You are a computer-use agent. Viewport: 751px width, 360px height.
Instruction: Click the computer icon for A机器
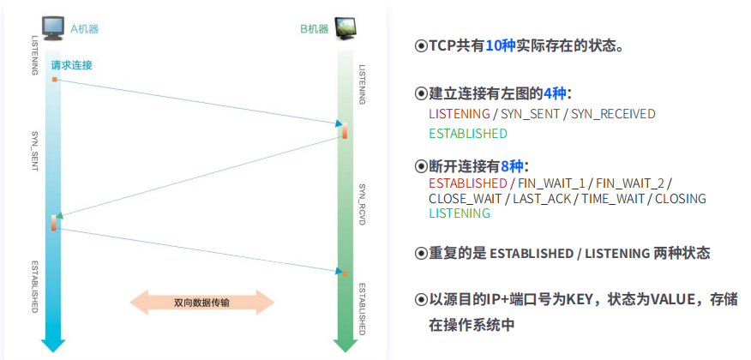coord(52,28)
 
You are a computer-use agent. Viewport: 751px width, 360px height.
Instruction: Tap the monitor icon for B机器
coord(345,29)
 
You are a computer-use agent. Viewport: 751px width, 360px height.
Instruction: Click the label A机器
coord(84,28)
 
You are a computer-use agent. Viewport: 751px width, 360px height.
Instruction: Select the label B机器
coord(315,28)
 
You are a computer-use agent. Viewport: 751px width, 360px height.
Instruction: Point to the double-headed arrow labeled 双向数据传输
coord(201,303)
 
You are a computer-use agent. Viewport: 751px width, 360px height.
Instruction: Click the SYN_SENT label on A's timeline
coord(35,152)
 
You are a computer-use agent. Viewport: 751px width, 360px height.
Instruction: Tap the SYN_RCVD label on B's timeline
coord(362,203)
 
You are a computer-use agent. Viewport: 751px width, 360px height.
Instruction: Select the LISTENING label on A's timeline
coord(35,55)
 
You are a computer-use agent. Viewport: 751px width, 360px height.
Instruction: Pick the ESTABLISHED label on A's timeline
coord(35,286)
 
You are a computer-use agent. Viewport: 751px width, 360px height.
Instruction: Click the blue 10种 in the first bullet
coord(500,45)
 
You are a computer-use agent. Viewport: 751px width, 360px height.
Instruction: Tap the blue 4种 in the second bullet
coord(555,93)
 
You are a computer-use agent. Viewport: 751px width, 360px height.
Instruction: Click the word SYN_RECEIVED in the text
coord(613,113)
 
